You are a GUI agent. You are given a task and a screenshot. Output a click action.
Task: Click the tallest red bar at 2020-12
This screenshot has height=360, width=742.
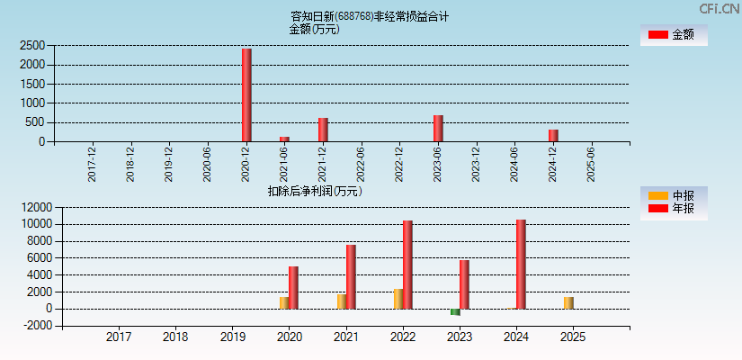[246, 94]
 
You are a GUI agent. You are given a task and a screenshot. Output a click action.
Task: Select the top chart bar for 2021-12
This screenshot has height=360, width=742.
[323, 130]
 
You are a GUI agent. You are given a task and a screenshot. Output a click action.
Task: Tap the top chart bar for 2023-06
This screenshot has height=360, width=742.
[438, 128]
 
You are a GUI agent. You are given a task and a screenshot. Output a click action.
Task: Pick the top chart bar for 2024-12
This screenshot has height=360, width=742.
[553, 135]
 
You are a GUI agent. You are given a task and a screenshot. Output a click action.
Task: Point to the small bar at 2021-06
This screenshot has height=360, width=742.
[284, 139]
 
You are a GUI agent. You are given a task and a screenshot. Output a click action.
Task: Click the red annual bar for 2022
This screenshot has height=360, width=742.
[407, 265]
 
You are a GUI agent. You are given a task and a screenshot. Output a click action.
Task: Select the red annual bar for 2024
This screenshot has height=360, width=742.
[521, 264]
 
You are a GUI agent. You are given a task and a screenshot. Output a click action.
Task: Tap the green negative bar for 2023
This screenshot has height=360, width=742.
[455, 311]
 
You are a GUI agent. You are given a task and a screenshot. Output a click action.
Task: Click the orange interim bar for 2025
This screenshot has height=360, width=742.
[568, 302]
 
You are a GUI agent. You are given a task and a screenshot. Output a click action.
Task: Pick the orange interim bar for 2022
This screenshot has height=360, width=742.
[398, 299]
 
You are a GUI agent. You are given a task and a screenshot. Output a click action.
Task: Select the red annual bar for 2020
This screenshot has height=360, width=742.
[293, 287]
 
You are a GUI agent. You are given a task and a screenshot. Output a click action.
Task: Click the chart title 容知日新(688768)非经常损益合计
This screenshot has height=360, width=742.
[370, 16]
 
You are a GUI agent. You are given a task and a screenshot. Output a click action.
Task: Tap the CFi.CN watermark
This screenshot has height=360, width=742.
[719, 8]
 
